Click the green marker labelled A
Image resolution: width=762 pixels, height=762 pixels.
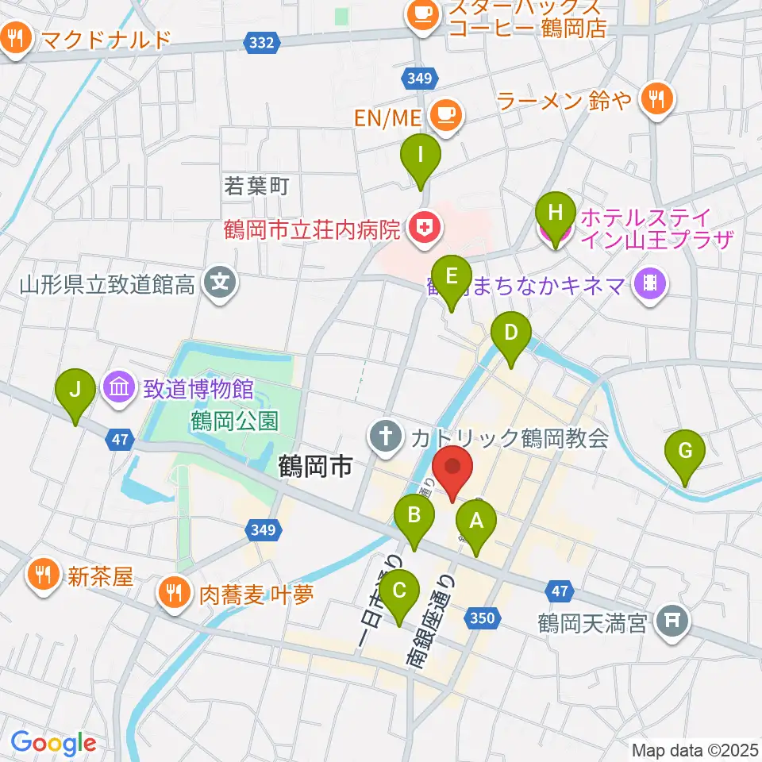coord(476,523)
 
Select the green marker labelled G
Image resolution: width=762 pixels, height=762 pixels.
coord(685,453)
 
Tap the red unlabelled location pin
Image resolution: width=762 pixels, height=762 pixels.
coord(453,468)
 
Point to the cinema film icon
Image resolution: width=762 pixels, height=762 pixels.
coord(649,283)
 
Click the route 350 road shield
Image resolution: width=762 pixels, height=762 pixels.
coord(485,618)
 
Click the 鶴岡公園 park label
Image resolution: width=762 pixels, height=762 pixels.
coord(235,419)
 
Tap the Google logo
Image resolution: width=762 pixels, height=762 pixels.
coord(53,744)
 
